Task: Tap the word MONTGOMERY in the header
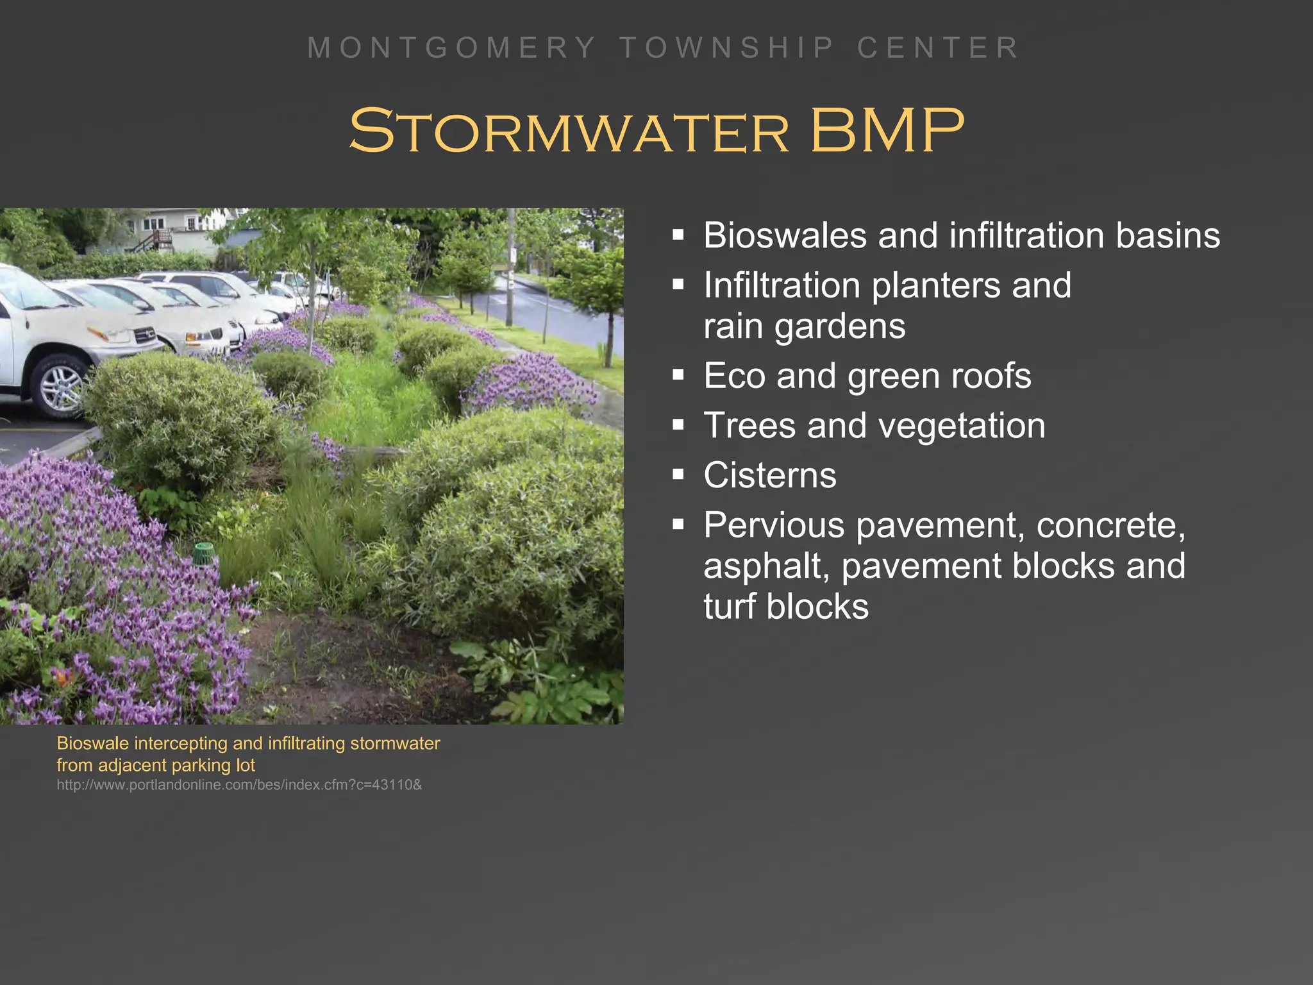pos(452,48)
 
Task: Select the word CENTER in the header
pos(938,48)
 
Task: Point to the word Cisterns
pos(769,475)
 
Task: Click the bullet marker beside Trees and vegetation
pos(678,425)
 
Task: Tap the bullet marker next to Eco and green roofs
pos(678,375)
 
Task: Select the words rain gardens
pos(804,326)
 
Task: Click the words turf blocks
pos(785,607)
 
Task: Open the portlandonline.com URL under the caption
pos(239,785)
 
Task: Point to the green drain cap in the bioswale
pos(204,553)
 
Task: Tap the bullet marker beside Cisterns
pos(678,475)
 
